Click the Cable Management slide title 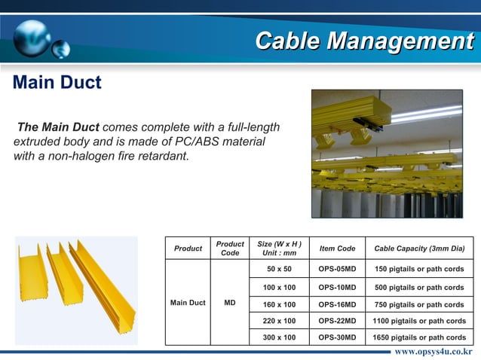coord(363,41)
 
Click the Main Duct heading coord(57,82)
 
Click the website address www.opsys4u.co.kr coord(433,352)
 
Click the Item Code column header coord(337,249)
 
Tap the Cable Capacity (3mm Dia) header coord(419,249)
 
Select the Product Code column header coord(230,249)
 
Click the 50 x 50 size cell coord(279,269)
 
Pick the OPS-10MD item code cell coord(337,288)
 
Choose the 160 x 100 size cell coord(279,304)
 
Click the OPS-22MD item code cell coord(337,321)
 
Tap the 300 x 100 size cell coord(279,337)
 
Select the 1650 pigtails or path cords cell coord(419,337)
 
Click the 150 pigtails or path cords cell coord(419,269)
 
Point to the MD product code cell coord(230,303)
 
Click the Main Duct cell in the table coord(188,303)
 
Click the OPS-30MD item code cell coord(337,337)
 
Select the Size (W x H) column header coord(280,249)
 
